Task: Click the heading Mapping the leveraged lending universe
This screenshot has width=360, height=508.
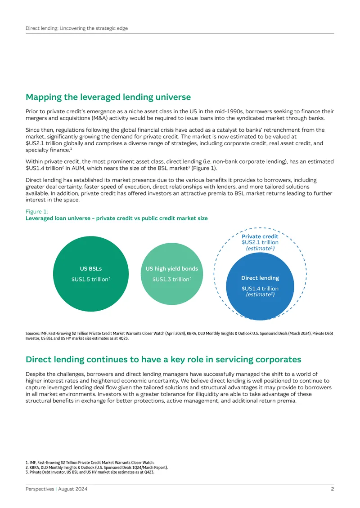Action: pyautogui.click(x=108, y=97)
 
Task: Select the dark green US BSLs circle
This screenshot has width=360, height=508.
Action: pyautogui.click(x=91, y=274)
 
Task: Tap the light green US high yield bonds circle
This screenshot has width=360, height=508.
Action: pyautogui.click(x=172, y=274)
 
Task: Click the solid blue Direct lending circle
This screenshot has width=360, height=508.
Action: pyautogui.click(x=260, y=286)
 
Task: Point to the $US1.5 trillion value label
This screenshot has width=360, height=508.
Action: pyautogui.click(x=91, y=279)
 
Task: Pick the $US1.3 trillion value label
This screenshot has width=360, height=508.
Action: pyautogui.click(x=172, y=279)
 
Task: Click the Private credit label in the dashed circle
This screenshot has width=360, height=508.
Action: pyautogui.click(x=260, y=236)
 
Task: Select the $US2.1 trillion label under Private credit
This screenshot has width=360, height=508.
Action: pyautogui.click(x=260, y=242)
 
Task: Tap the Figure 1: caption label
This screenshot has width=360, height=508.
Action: pyautogui.click(x=36, y=212)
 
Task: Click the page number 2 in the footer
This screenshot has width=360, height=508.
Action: pyautogui.click(x=333, y=489)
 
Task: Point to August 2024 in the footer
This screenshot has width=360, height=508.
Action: pyautogui.click(x=72, y=489)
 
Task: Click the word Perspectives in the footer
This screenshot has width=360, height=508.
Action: pyautogui.click(x=40, y=489)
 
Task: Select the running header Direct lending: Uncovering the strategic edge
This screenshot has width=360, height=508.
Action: pyautogui.click(x=76, y=28)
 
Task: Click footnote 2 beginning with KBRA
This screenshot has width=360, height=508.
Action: pyautogui.click(x=97, y=468)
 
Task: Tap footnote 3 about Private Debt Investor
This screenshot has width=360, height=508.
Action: pyautogui.click(x=90, y=472)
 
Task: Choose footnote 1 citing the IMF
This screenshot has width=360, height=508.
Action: pyautogui.click(x=90, y=463)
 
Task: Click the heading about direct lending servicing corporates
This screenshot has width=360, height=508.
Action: pyautogui.click(x=163, y=360)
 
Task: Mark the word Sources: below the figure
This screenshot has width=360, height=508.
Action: pyautogui.click(x=32, y=334)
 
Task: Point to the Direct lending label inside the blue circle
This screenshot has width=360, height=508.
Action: pyautogui.click(x=260, y=278)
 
